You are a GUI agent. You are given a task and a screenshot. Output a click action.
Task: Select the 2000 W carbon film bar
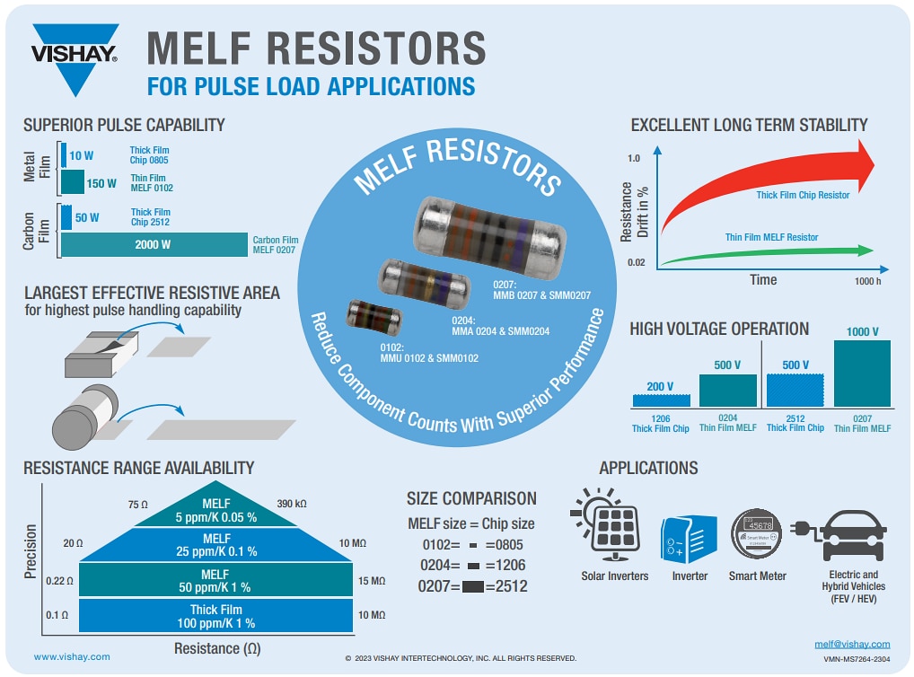point(153,244)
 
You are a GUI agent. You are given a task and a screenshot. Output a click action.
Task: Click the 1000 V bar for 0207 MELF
point(862,374)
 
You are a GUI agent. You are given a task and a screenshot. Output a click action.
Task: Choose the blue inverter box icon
point(689,540)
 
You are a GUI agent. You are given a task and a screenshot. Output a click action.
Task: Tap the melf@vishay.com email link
point(851,644)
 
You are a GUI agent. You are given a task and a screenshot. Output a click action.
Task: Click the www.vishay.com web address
point(72,656)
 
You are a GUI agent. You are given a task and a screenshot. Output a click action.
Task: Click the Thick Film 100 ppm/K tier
point(215,616)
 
